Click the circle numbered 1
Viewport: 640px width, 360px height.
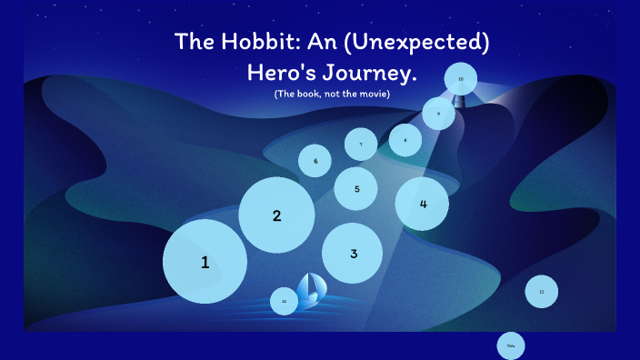click(x=205, y=262)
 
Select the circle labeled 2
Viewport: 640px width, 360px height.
click(x=276, y=215)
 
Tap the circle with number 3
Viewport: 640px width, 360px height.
click(x=353, y=254)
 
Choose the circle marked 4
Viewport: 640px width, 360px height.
click(x=423, y=204)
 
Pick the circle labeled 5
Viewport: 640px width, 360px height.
click(x=356, y=189)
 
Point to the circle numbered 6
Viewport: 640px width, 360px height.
click(x=315, y=161)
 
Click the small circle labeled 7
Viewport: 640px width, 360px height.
click(x=361, y=144)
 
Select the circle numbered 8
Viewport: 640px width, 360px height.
click(x=405, y=140)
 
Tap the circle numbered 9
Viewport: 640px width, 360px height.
click(x=439, y=114)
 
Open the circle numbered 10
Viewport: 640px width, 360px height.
click(x=461, y=79)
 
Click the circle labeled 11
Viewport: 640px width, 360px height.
click(x=541, y=292)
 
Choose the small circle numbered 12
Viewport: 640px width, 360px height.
click(x=285, y=300)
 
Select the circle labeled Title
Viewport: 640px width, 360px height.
click(x=511, y=345)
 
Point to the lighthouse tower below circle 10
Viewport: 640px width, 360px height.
click(x=461, y=102)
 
